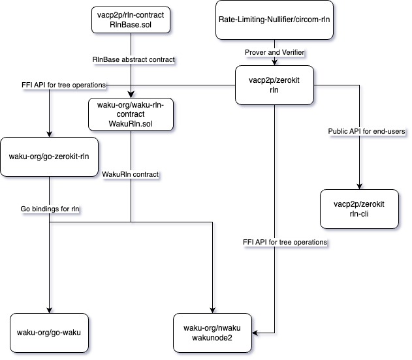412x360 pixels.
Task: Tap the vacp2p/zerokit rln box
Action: (x=274, y=85)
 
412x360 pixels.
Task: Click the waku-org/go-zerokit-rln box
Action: (x=50, y=157)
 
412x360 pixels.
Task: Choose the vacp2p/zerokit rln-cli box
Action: (x=359, y=208)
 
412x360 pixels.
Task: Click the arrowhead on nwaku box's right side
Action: (x=257, y=333)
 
